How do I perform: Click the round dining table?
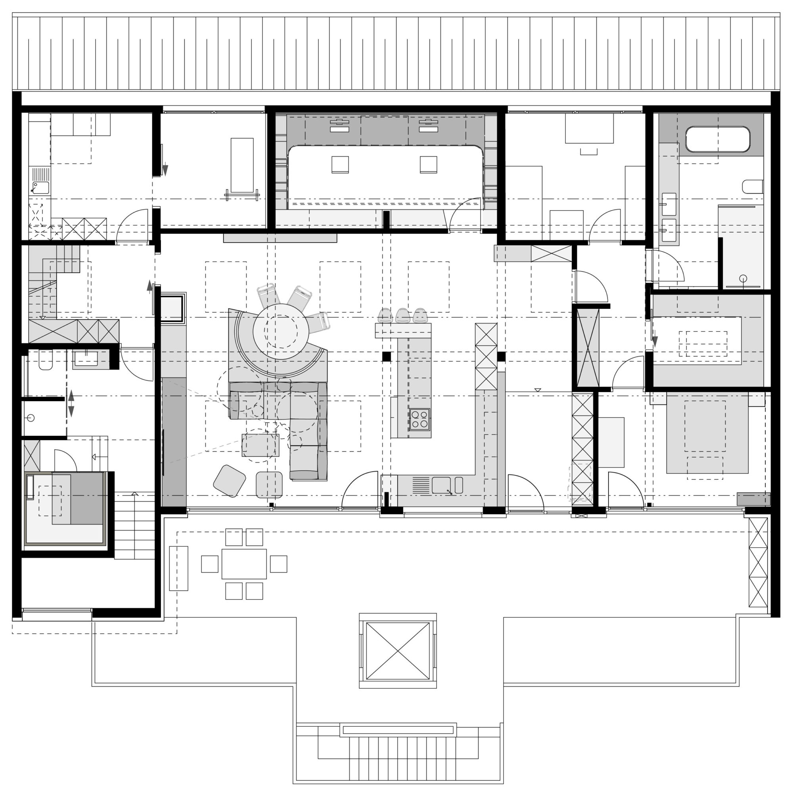pyautogui.click(x=281, y=331)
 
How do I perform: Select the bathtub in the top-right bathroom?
pyautogui.click(x=718, y=140)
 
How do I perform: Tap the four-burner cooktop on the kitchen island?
pyautogui.click(x=419, y=419)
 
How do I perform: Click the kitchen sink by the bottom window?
pyautogui.click(x=441, y=485)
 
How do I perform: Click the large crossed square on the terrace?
pyautogui.click(x=397, y=651)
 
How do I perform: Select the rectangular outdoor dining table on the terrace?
pyautogui.click(x=244, y=564)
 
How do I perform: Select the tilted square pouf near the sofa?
pyautogui.click(x=230, y=481)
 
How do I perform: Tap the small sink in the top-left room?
pyautogui.click(x=40, y=188)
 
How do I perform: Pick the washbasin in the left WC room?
pyautogui.click(x=85, y=359)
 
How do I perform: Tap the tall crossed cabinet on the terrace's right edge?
pyautogui.click(x=758, y=562)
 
